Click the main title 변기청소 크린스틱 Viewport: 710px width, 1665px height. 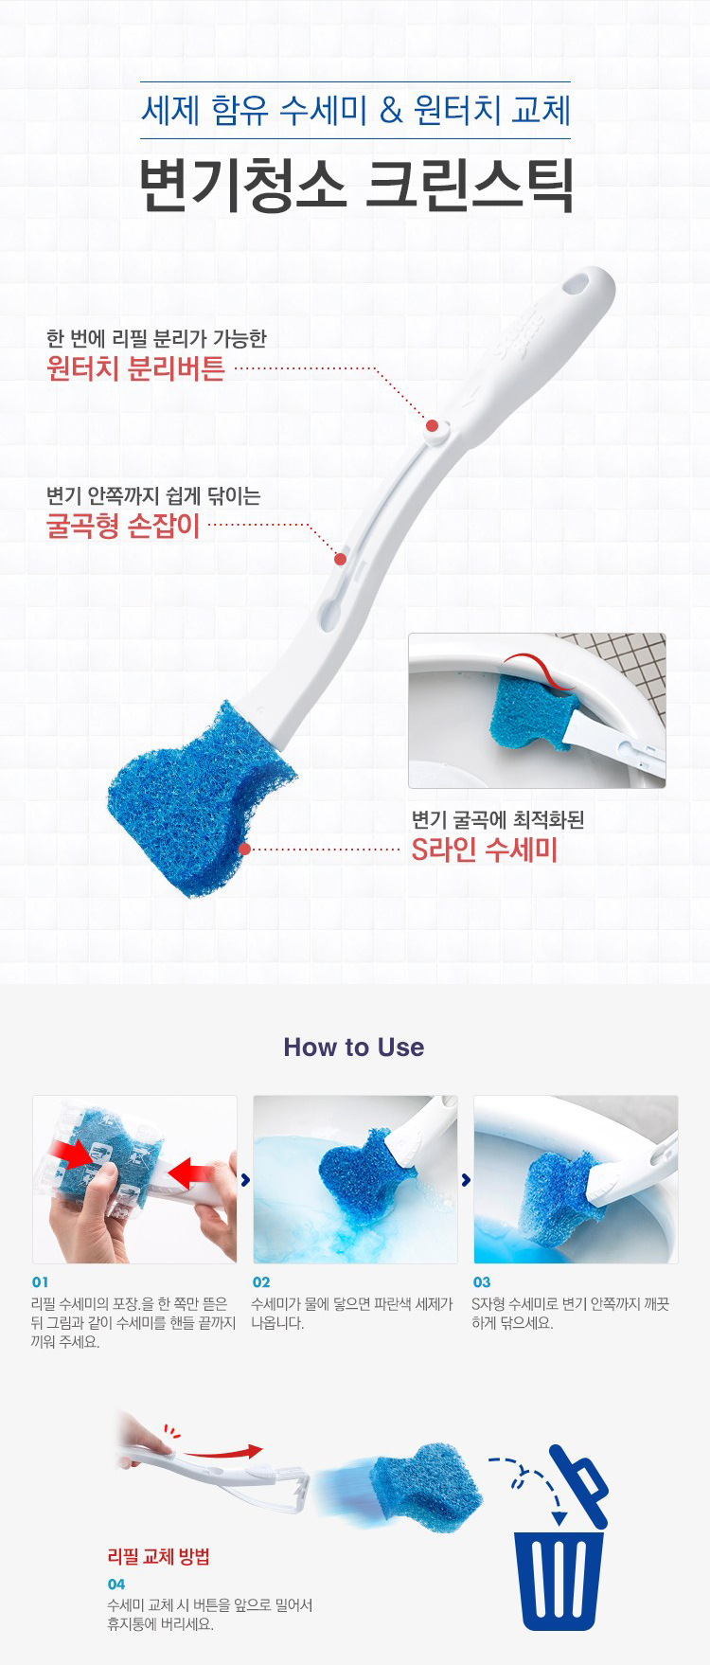356,185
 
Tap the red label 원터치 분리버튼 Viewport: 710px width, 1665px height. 135,368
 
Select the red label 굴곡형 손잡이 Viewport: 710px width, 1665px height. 123,525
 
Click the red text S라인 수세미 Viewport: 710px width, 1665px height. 484,850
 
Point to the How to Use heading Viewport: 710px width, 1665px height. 354,1047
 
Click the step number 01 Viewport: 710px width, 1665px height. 40,1282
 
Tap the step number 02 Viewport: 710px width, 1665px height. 261,1282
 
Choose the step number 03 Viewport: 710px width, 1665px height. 482,1282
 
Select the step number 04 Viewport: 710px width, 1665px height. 116,1584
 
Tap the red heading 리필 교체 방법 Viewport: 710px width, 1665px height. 158,1556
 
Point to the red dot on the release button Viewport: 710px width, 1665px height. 432,426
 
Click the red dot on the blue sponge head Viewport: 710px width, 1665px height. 244,850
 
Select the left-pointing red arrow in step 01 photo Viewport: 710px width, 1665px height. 190,1174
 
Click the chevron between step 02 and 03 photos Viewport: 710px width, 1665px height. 466,1180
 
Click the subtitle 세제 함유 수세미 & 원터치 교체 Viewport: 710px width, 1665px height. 356,111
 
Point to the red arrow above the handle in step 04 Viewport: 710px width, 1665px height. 222,1452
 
